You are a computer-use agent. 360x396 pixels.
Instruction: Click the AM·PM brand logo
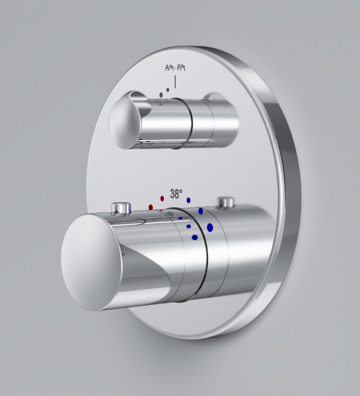tap(175, 68)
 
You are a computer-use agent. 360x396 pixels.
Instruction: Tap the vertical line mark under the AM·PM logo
tap(175, 82)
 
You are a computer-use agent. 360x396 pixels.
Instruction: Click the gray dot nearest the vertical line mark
tap(168, 90)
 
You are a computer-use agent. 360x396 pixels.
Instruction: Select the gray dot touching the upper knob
tap(161, 94)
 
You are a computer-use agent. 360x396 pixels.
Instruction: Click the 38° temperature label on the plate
tap(176, 193)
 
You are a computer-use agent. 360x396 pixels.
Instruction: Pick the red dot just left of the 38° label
tap(162, 199)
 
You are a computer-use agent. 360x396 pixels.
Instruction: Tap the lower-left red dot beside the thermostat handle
tap(151, 207)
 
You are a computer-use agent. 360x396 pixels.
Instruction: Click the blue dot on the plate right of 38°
tap(188, 200)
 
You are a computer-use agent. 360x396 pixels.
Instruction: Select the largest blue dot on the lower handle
tap(210, 228)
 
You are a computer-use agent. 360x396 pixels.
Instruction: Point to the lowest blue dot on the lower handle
tap(195, 238)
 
